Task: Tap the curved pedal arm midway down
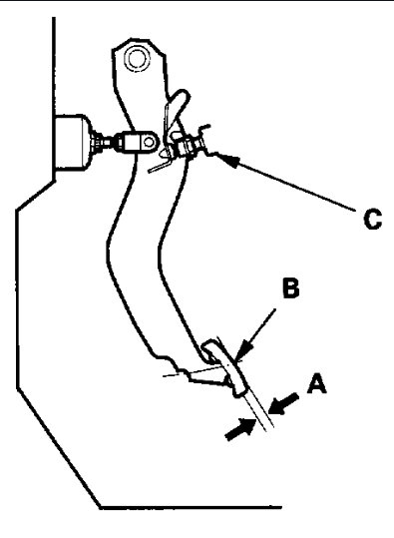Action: pos(140,260)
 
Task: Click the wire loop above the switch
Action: pos(176,105)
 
